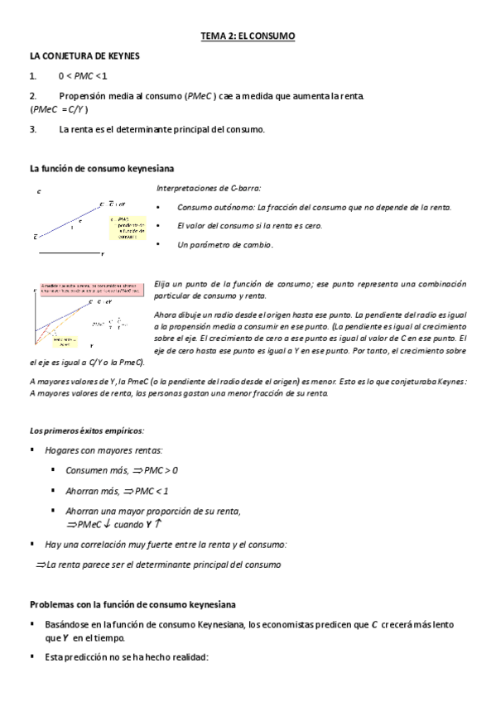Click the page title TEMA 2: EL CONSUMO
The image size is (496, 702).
pyautogui.click(x=248, y=37)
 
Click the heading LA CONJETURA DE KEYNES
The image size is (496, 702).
pyautogui.click(x=84, y=55)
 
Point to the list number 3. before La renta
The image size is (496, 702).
pyautogui.click(x=32, y=129)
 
